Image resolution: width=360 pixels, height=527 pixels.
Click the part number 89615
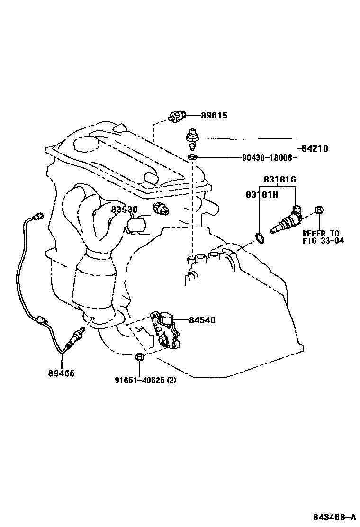coord(214,115)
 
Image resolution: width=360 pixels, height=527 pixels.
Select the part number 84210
coord(313,148)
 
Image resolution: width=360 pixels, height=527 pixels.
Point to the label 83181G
coord(280,179)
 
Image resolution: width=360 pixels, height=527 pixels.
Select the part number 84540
coord(202,320)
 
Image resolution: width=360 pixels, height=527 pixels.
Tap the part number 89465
coord(61,373)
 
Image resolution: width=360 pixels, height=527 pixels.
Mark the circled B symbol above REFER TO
coord(319,210)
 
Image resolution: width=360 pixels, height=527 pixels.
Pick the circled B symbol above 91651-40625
coord(138,357)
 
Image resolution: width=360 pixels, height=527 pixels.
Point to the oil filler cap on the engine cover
coord(86,144)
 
